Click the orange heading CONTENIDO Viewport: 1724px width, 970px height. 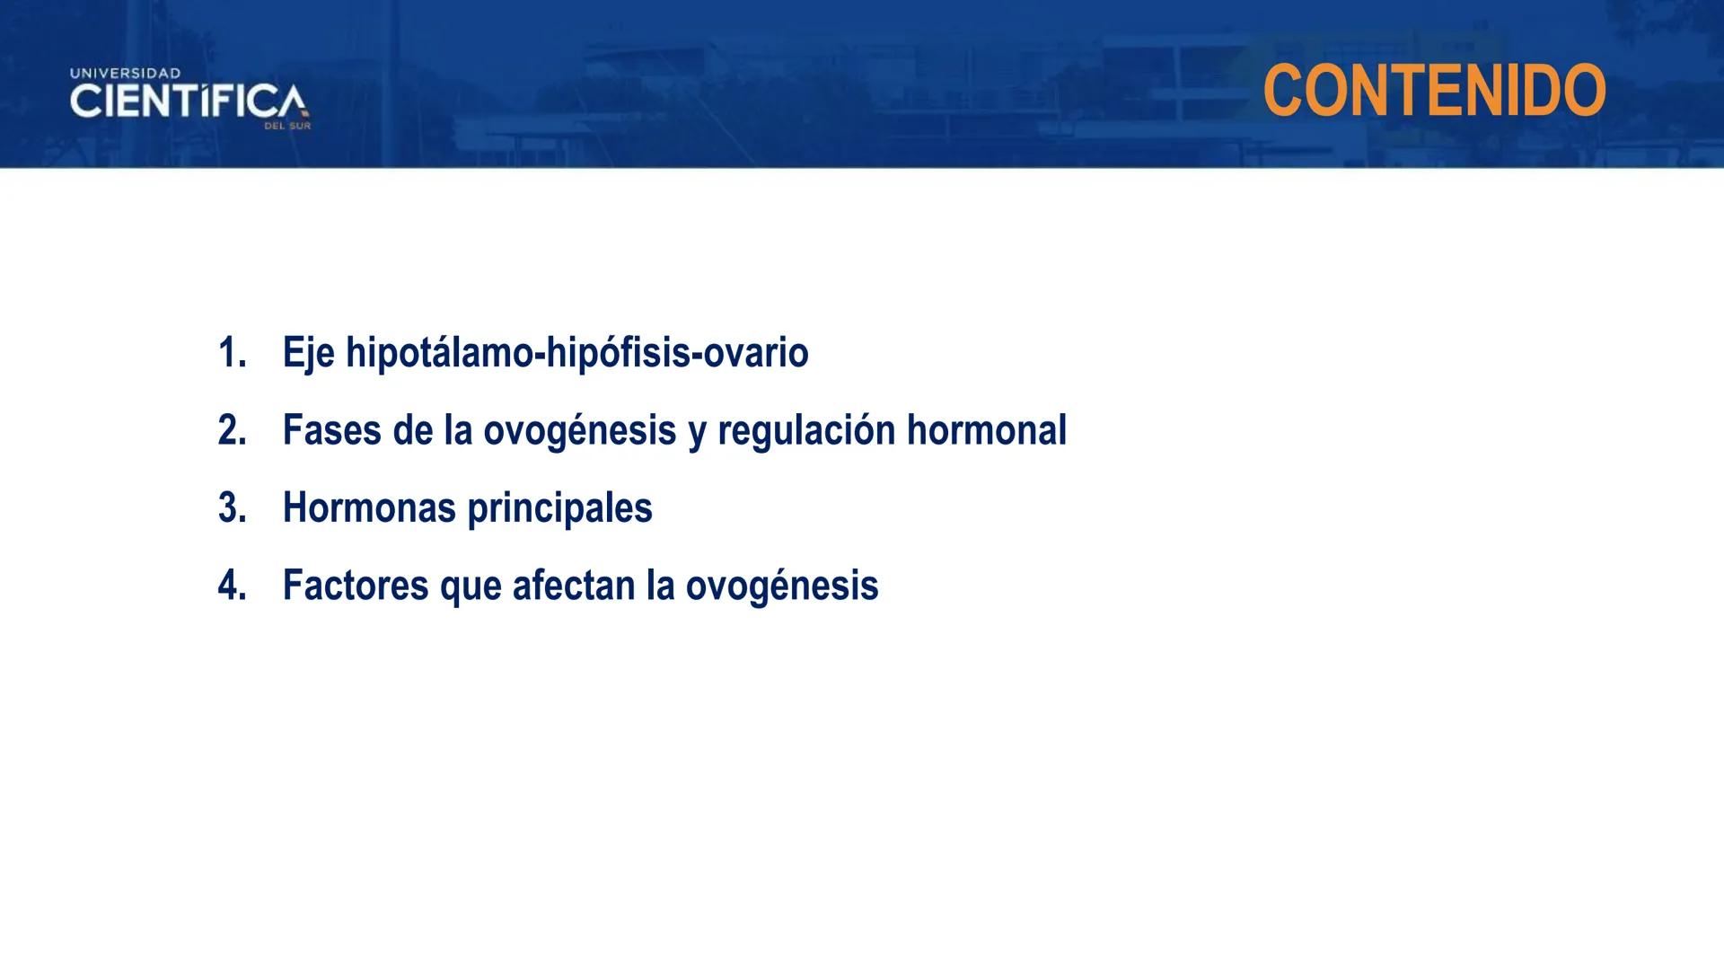[x=1434, y=91]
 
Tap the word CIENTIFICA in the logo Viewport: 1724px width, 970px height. [x=188, y=101]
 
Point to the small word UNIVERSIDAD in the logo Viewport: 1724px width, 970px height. [x=126, y=73]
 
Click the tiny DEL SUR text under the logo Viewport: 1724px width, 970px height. [x=287, y=127]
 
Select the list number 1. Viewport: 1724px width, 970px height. [x=231, y=353]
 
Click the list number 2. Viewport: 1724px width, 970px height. [x=231, y=430]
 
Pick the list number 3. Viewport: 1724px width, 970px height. [x=231, y=508]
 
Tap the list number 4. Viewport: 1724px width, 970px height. [x=231, y=586]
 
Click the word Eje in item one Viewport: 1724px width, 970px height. [x=308, y=353]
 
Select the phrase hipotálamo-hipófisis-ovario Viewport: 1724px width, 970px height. [x=576, y=353]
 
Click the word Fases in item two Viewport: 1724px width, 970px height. [x=331, y=430]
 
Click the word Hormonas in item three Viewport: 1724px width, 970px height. [x=369, y=508]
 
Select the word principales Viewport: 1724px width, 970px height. [x=559, y=508]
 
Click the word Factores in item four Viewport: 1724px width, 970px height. [x=356, y=586]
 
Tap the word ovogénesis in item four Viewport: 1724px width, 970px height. [x=781, y=586]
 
